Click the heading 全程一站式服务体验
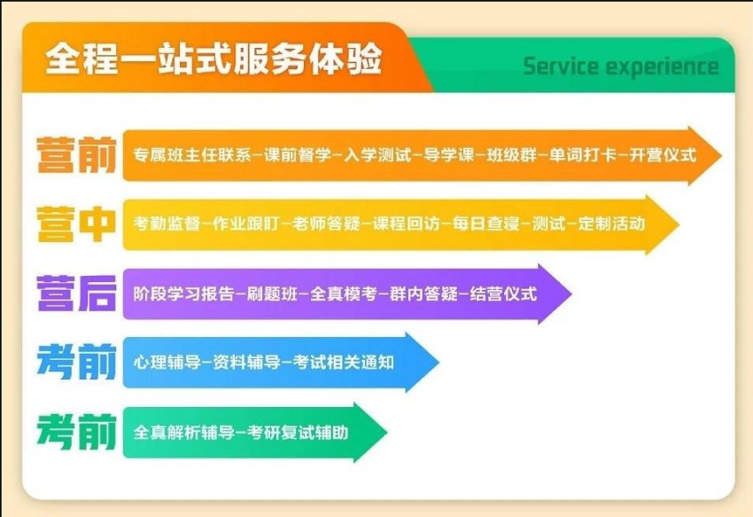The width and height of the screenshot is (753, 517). (213, 59)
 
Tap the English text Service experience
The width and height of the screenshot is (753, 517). (620, 67)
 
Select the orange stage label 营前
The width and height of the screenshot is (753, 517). (76, 155)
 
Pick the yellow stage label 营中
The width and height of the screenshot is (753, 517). (76, 224)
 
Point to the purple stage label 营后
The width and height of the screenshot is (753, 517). (76, 293)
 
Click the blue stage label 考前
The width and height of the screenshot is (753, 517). (76, 362)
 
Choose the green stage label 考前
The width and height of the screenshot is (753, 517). (76, 431)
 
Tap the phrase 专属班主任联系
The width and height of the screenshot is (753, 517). (192, 155)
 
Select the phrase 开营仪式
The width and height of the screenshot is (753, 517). (663, 155)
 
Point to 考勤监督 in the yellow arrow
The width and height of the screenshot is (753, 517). (167, 223)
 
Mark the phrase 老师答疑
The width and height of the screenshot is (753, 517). (326, 223)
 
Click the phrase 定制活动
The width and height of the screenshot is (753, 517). (611, 223)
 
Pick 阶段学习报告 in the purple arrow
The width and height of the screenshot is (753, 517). (183, 294)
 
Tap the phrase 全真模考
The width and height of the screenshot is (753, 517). (344, 294)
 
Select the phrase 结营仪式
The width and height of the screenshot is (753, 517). (503, 294)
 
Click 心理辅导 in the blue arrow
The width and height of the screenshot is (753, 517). (167, 362)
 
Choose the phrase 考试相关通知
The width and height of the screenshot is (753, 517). (344, 362)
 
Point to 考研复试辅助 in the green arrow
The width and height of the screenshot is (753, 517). (298, 433)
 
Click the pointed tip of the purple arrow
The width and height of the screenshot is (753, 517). (571, 294)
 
